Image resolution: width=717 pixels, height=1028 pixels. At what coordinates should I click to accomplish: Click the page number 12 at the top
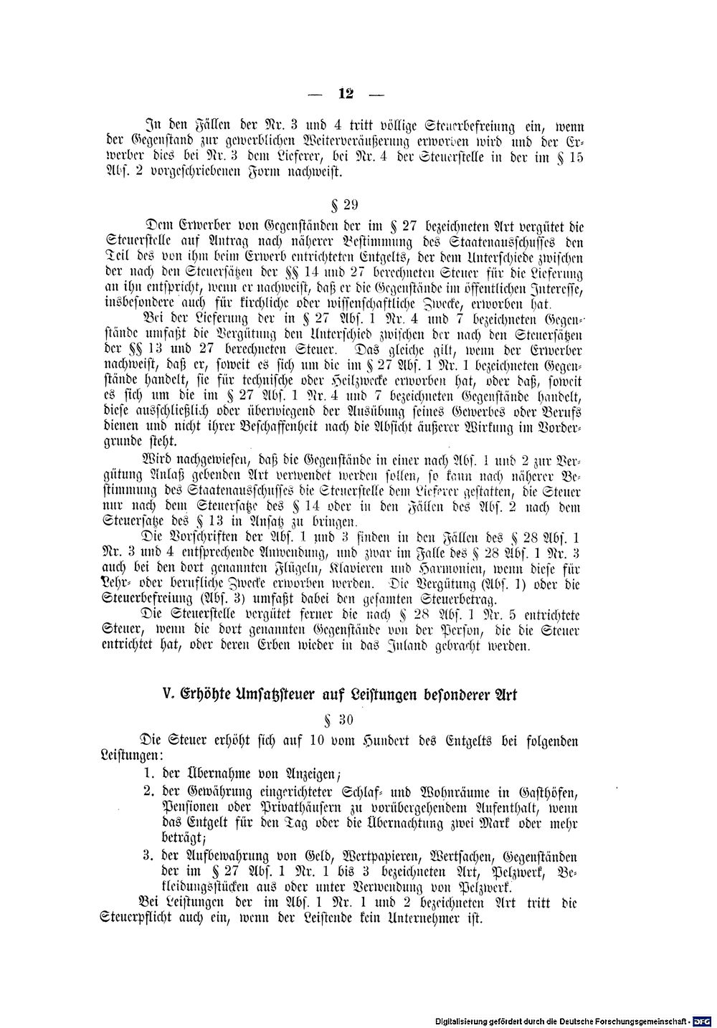[347, 93]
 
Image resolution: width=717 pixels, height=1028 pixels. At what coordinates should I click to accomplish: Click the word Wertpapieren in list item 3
[381, 857]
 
